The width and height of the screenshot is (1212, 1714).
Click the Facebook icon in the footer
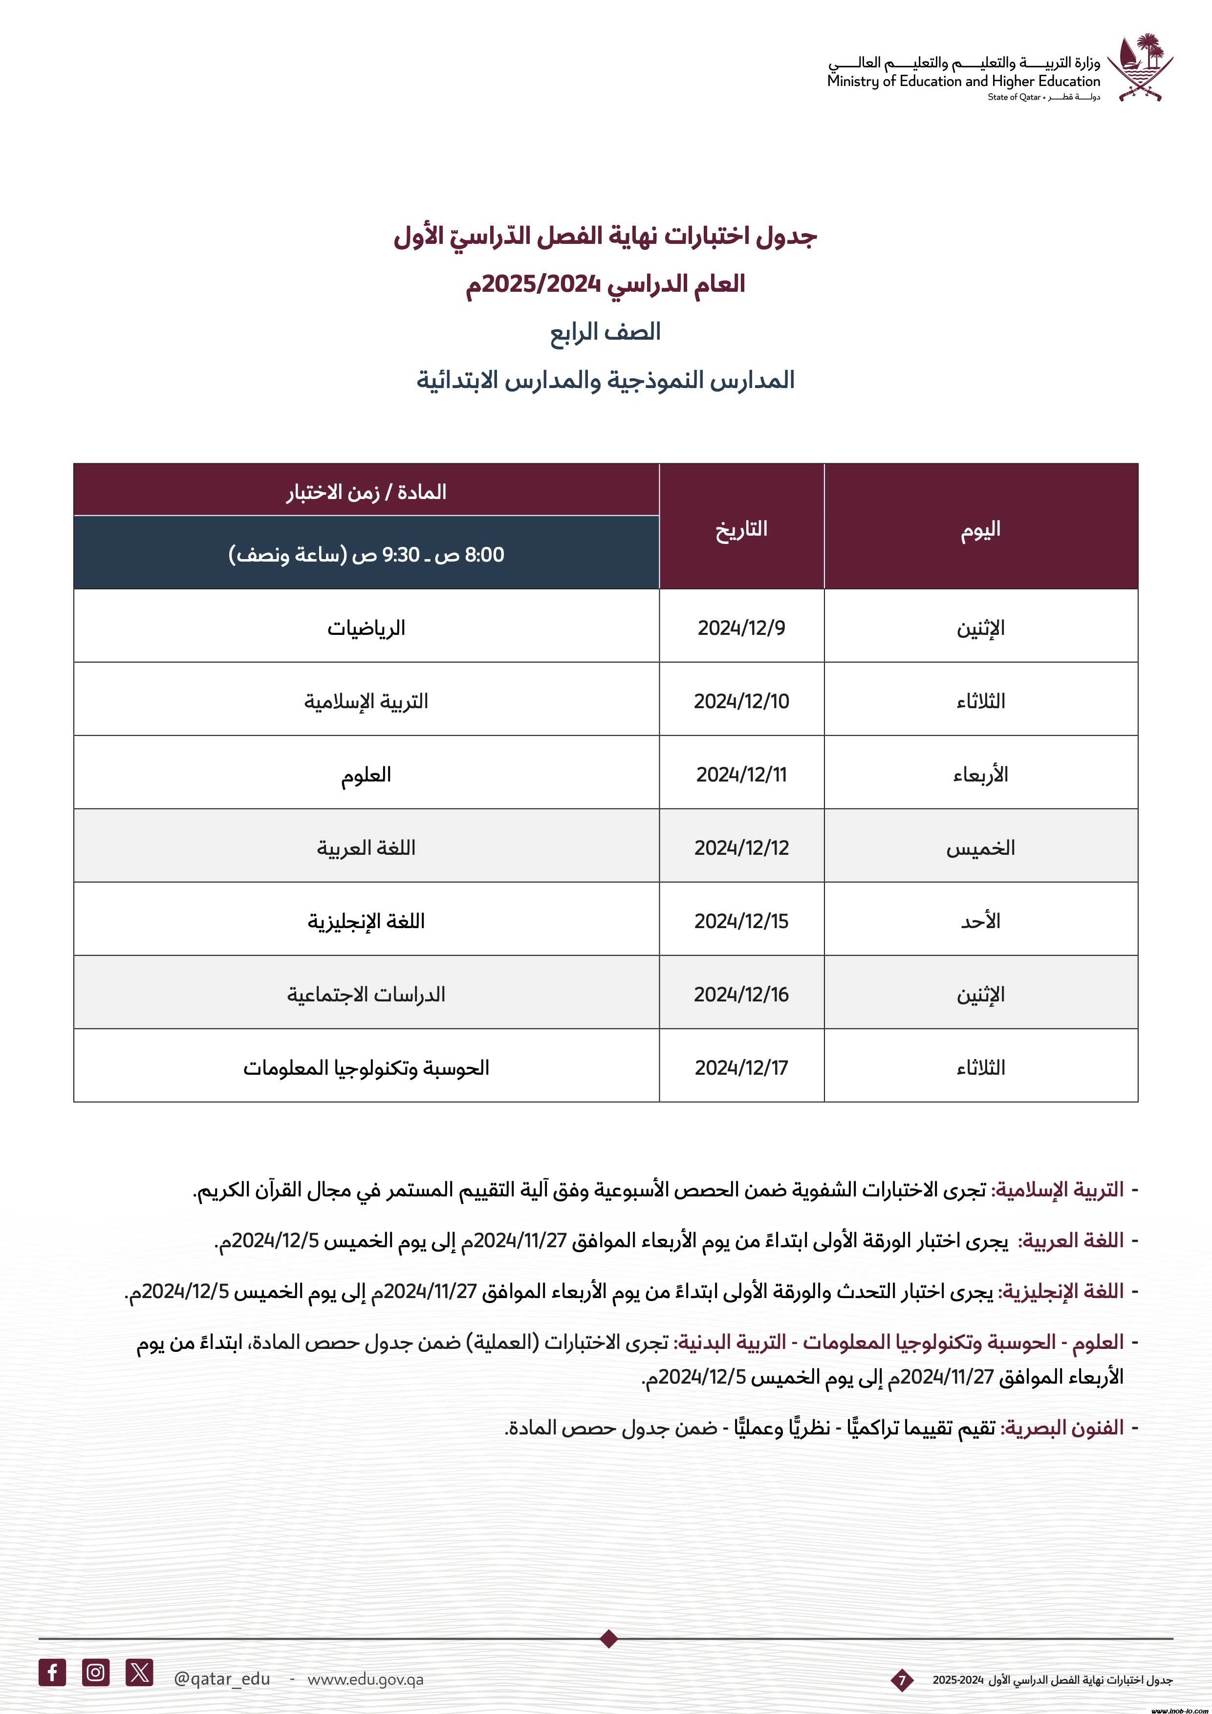[x=52, y=1672]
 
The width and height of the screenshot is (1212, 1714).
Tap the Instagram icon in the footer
[x=95, y=1672]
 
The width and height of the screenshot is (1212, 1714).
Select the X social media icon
[x=140, y=1672]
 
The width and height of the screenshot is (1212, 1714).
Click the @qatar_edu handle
[x=222, y=1679]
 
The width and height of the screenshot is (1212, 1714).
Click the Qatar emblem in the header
[x=1140, y=67]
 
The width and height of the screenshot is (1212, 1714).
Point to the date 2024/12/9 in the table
[x=741, y=628]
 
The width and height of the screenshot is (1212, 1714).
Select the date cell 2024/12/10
[x=741, y=701]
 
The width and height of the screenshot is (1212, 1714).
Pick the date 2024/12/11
[x=741, y=774]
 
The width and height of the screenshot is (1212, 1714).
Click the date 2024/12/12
[x=741, y=847]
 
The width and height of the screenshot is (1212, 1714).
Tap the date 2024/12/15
[x=741, y=920]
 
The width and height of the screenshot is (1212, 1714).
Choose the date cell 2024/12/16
[x=741, y=994]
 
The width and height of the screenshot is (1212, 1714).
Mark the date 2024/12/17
[x=741, y=1067]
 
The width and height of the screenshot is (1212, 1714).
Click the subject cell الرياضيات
[x=366, y=628]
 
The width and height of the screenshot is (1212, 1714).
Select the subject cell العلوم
[x=366, y=774]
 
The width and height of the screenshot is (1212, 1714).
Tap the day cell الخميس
[x=980, y=847]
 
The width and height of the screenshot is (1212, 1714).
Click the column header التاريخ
[x=741, y=528]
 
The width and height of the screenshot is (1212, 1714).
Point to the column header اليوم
[x=980, y=528]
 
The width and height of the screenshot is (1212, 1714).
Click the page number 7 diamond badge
[x=902, y=1680]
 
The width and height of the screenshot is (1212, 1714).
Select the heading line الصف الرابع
[x=605, y=331]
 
